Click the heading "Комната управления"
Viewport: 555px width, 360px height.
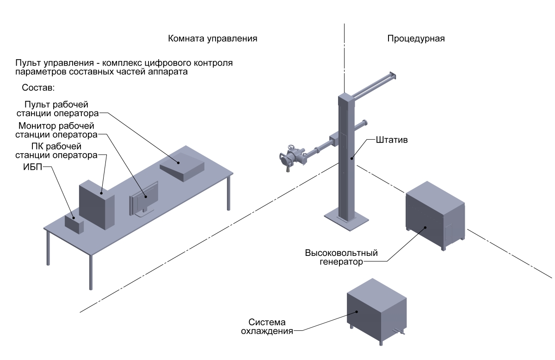click(212, 38)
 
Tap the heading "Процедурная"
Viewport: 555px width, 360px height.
click(416, 38)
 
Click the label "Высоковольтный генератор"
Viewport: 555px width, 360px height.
click(342, 257)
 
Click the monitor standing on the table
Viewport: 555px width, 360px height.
click(144, 200)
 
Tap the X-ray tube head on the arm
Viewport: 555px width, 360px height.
click(291, 157)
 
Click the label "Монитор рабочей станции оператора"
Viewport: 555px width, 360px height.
click(56, 130)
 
